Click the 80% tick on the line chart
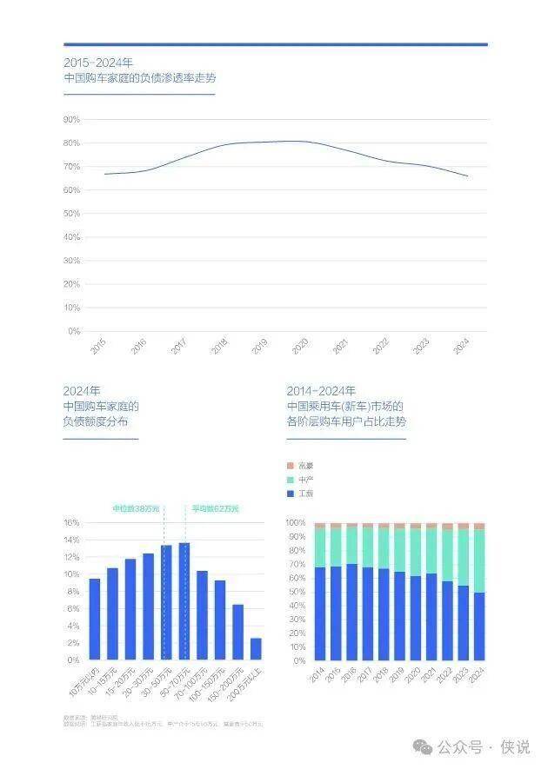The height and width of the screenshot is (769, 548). [x=72, y=143]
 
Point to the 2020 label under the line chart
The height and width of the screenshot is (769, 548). [x=300, y=346]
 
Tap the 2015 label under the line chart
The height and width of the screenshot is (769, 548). [x=98, y=346]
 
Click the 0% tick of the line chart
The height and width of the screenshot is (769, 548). [x=74, y=331]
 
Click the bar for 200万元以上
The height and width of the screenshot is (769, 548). [x=256, y=649]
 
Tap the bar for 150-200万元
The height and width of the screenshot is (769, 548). [x=237, y=632]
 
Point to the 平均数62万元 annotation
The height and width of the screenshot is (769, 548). [x=215, y=508]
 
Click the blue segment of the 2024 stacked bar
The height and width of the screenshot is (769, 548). [x=478, y=626]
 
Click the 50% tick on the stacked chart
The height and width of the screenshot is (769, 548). [x=295, y=592]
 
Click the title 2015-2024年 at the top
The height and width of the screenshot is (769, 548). [x=98, y=63]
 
